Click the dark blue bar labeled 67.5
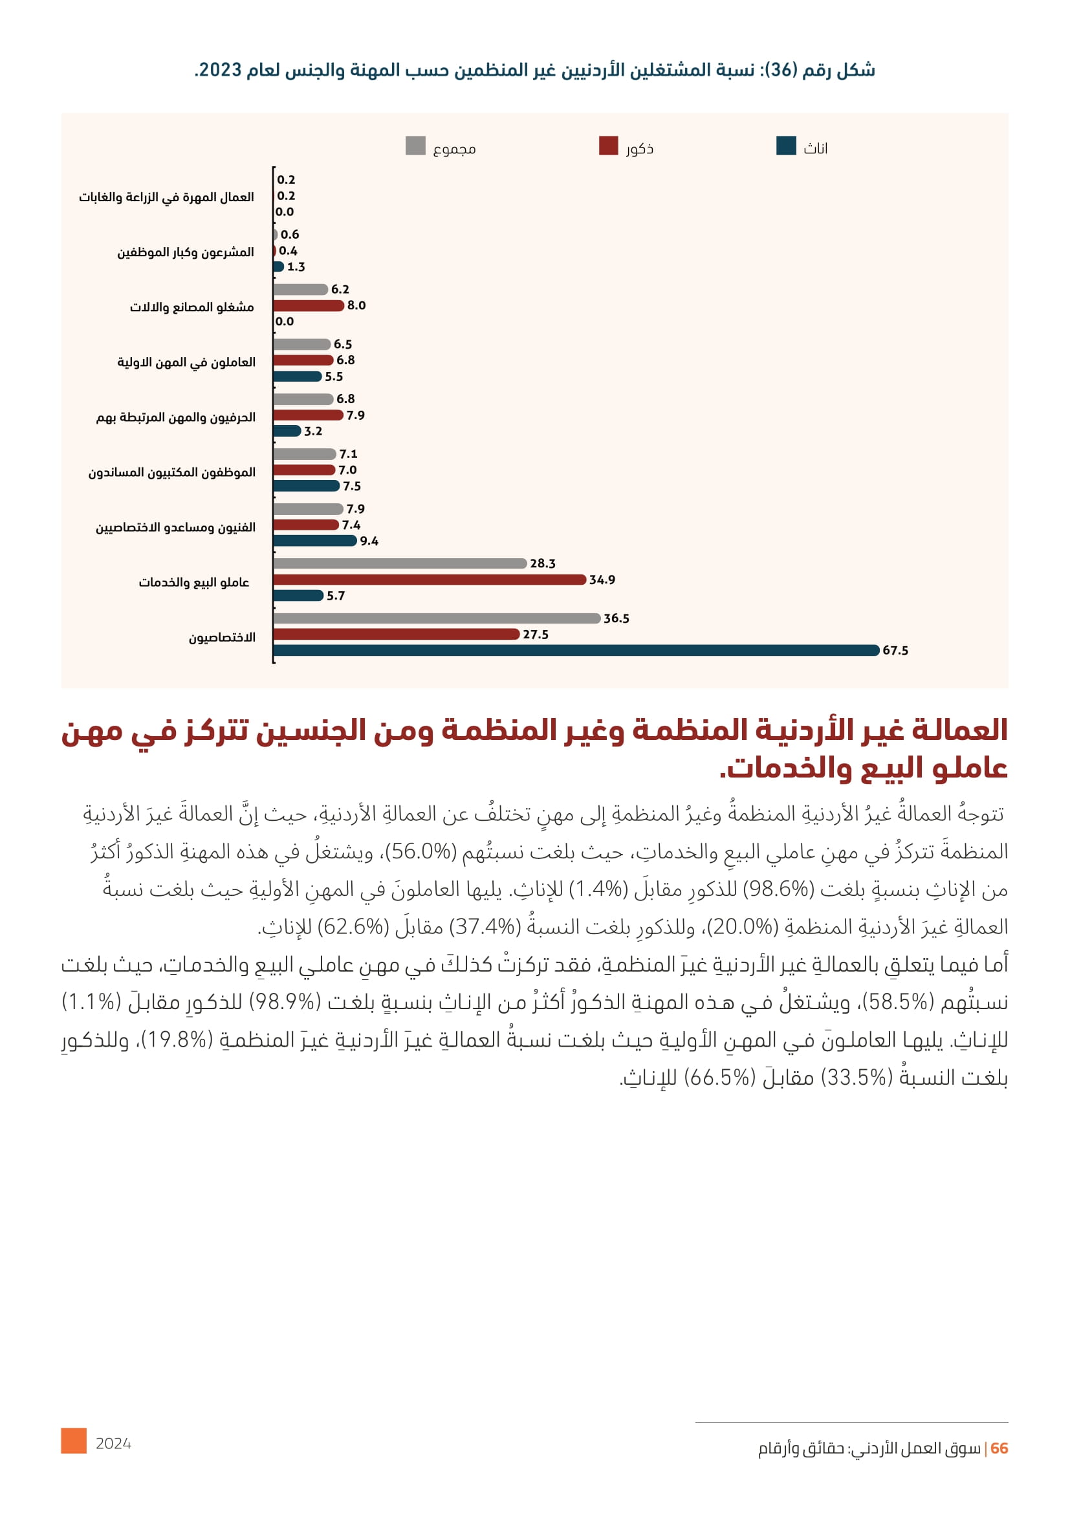pos(576,650)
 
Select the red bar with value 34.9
pos(429,580)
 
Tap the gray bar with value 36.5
pos(436,618)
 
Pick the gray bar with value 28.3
pos(399,563)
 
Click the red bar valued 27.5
pos(396,635)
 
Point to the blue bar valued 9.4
pos(314,541)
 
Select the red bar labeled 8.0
pos(309,306)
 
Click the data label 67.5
pos(895,651)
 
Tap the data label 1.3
pos(296,267)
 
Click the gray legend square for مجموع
pos(415,146)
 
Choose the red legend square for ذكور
pos(608,146)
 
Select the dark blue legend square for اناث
pos(786,146)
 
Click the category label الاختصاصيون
pos(222,638)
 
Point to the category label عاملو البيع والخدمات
pos(193,583)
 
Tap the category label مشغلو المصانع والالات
pos(191,307)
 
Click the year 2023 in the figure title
pos(220,70)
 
